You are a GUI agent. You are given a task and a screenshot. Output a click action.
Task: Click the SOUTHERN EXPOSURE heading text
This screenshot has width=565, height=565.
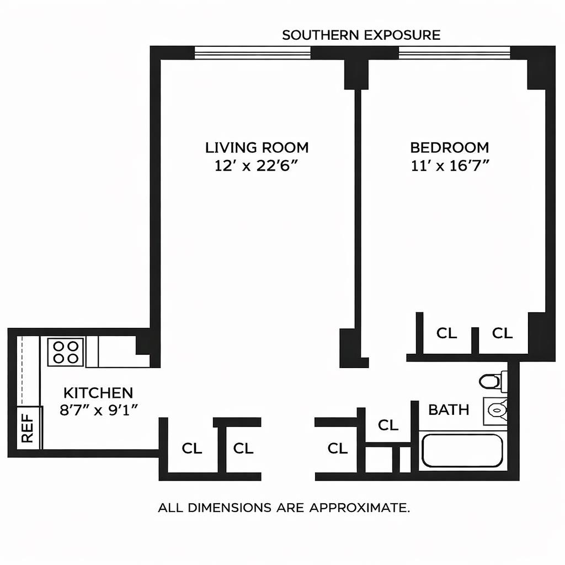coord(361,35)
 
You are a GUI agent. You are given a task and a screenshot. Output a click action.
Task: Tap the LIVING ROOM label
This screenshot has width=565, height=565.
coord(257,147)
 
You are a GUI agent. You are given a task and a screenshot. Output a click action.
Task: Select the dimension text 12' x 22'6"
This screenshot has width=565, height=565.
coord(257,166)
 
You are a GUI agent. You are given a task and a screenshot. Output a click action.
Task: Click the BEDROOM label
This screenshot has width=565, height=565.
coord(449,147)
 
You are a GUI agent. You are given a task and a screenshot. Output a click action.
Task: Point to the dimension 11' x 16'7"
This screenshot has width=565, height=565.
coord(449,166)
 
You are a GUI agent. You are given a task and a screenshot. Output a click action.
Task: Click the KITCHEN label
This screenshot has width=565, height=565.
coord(98,393)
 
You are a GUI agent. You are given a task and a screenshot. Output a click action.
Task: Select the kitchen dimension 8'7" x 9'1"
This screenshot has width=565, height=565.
coord(98,411)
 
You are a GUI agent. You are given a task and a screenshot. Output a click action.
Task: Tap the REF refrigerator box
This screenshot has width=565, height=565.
coord(27,429)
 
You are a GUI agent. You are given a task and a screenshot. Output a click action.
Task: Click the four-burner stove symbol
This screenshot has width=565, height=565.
coord(66,352)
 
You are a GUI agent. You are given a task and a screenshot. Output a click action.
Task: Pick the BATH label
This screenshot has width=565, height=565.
coord(449,409)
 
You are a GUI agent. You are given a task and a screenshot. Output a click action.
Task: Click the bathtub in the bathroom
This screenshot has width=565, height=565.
coord(461,451)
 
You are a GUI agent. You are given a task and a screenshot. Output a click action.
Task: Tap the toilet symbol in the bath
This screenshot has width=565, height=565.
coord(491,381)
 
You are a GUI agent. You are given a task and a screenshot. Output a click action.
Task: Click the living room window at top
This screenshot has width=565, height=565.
coord(252,53)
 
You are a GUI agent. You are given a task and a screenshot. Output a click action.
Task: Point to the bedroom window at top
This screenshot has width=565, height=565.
coord(454,53)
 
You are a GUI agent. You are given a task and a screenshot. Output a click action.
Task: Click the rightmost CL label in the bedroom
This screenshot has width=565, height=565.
coord(502,333)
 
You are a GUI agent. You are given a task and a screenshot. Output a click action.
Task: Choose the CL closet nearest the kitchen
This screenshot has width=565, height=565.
coord(191,449)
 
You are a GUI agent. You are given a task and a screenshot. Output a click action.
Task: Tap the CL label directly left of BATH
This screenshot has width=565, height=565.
coord(388,425)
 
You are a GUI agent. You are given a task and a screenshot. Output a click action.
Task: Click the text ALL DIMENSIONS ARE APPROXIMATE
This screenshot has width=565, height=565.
coord(284,508)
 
